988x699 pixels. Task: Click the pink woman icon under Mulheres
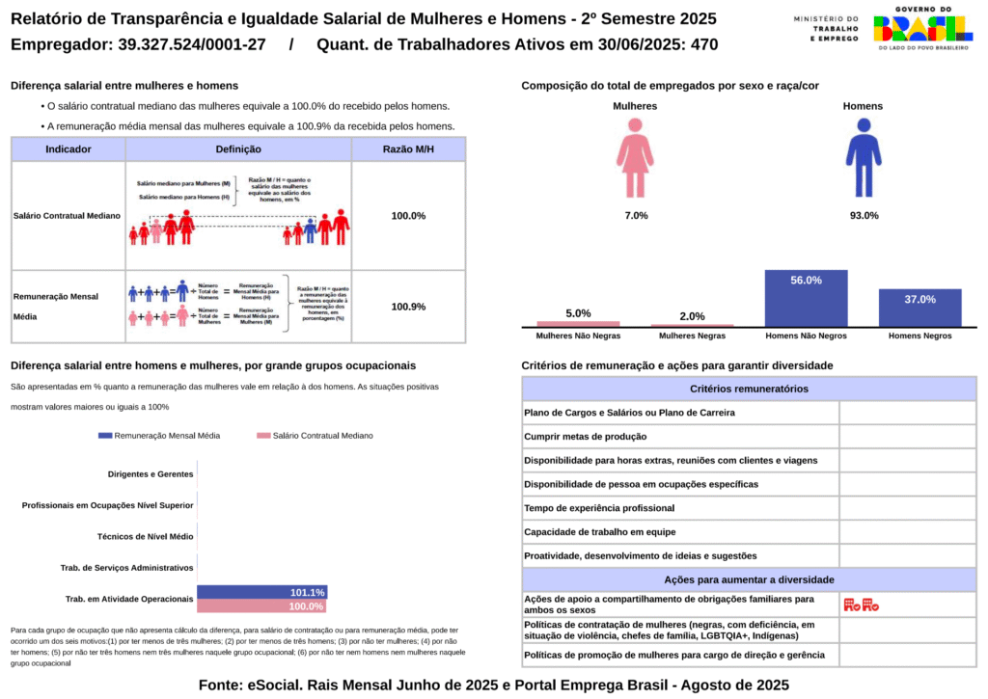click(x=635, y=158)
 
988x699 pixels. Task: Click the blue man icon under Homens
click(x=864, y=158)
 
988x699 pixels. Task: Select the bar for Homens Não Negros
click(x=806, y=298)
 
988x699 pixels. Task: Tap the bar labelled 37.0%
click(x=919, y=308)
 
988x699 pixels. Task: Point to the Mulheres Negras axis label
click(x=692, y=336)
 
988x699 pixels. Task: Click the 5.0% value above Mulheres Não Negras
click(x=578, y=313)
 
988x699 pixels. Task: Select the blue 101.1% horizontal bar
click(x=261, y=592)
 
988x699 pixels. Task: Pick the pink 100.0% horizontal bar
click(x=261, y=606)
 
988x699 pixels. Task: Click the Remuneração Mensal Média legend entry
click(x=159, y=436)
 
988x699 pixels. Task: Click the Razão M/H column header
click(x=408, y=149)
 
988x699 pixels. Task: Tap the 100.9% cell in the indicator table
click(x=408, y=307)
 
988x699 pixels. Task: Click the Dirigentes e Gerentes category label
click(x=151, y=474)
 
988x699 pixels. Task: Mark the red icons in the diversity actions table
click(x=861, y=605)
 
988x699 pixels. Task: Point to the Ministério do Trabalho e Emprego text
click(x=826, y=28)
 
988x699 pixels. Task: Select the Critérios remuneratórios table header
click(x=749, y=390)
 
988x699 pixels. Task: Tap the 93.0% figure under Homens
click(x=864, y=216)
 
